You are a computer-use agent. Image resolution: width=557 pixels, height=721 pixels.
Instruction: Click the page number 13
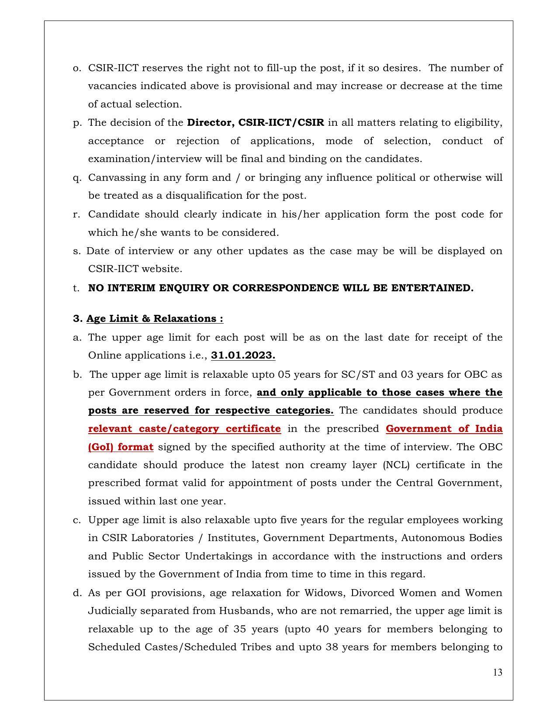[498, 672]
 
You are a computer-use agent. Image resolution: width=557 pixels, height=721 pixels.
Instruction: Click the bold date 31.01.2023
[243, 355]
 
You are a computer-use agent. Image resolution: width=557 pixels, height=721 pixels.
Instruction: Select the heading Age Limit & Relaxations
[155, 319]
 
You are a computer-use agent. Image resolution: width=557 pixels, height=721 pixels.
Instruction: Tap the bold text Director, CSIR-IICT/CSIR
[256, 123]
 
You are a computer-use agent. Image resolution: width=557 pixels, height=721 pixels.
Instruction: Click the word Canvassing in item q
[112, 178]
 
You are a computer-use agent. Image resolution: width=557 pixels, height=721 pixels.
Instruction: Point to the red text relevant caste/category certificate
[184, 429]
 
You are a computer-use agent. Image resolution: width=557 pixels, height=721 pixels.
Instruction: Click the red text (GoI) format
[121, 447]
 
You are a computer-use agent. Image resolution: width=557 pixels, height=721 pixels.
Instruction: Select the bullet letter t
[76, 288]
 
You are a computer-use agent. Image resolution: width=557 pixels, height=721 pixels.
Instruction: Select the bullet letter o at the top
[77, 68]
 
